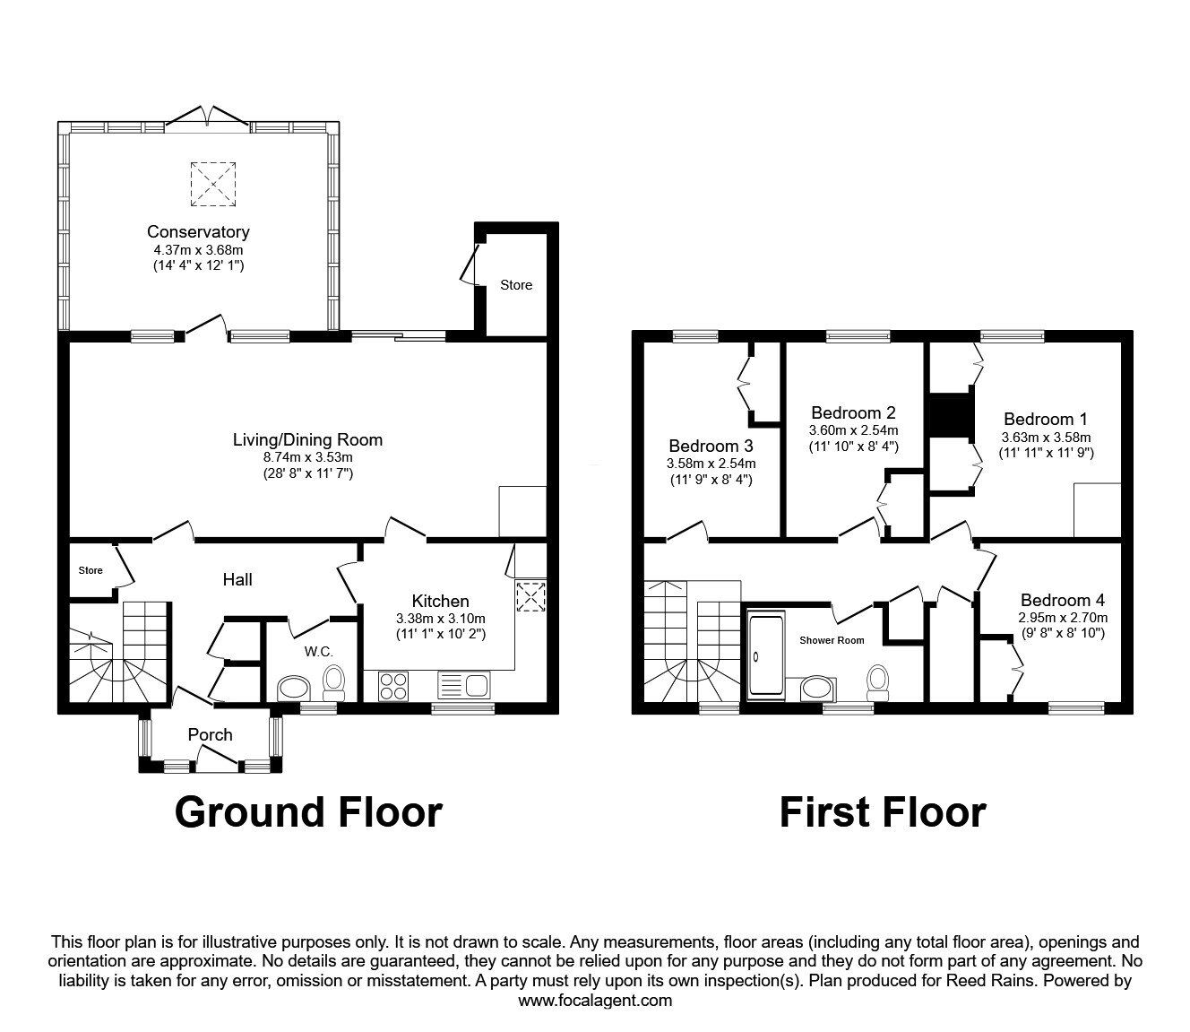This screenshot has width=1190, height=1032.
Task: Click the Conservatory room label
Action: (x=198, y=232)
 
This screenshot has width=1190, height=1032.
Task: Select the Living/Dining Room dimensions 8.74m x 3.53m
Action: (x=306, y=456)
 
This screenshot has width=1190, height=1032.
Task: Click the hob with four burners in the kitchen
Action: (x=392, y=686)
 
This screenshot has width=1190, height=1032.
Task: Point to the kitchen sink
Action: (x=462, y=686)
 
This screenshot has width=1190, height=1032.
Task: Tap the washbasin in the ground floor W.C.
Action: (x=293, y=689)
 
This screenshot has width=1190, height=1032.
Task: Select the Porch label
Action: (x=210, y=734)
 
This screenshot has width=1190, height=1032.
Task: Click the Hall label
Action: (x=237, y=579)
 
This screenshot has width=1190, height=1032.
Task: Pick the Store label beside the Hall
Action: (x=91, y=570)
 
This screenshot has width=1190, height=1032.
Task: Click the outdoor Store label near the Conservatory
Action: (x=516, y=285)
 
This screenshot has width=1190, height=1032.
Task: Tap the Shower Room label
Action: (x=832, y=640)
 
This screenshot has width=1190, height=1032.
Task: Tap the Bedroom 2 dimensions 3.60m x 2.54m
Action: (x=853, y=430)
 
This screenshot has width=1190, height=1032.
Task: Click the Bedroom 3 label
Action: (x=711, y=446)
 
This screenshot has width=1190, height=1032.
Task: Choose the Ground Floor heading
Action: (x=308, y=811)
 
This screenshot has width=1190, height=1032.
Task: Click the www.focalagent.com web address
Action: (x=595, y=1000)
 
